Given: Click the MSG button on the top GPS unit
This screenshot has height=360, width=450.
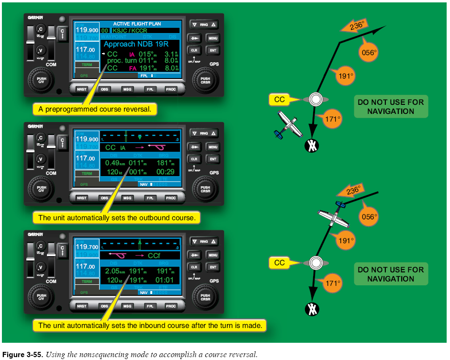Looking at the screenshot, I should (127, 90).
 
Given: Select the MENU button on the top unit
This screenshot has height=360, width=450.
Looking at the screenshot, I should (213, 38).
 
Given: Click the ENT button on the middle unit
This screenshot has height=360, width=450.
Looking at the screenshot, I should (213, 159).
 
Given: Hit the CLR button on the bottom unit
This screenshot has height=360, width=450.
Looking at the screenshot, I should (194, 267).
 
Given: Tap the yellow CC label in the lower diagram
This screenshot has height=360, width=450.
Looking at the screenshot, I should (280, 263).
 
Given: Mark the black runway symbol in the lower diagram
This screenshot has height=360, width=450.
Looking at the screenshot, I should (312, 309).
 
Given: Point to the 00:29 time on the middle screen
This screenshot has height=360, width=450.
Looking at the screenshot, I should (166, 172).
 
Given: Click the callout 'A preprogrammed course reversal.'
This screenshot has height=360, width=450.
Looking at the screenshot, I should (95, 109).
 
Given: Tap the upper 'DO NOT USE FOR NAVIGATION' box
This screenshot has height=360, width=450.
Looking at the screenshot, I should (391, 107).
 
